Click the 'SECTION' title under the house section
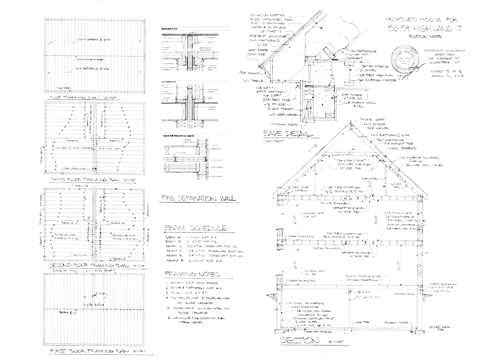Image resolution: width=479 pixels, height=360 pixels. pos(299,341)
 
